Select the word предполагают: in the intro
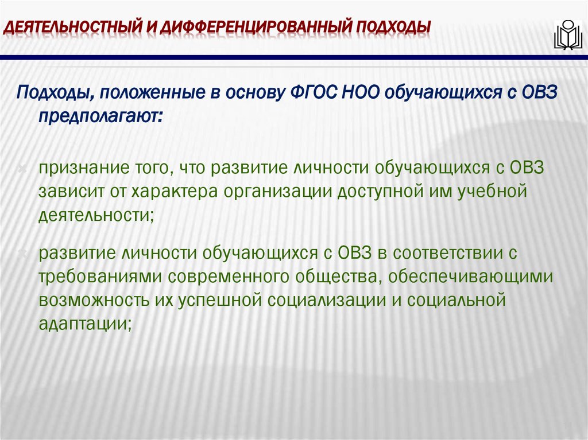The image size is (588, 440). [101, 116]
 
